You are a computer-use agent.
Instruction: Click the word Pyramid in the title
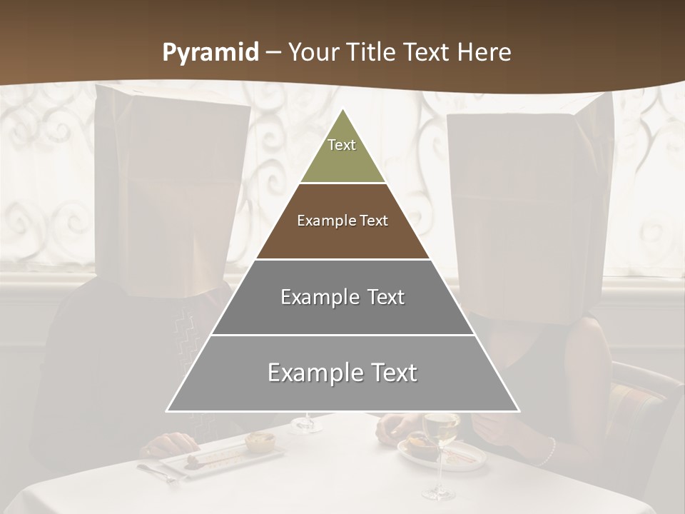tap(210, 52)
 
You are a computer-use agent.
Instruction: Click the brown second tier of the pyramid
tap(342, 221)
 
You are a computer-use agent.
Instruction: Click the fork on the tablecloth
tap(157, 472)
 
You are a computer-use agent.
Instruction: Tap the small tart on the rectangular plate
tap(260, 440)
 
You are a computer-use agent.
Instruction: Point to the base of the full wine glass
tap(437, 493)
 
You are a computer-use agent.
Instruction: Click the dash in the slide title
tap(273, 52)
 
